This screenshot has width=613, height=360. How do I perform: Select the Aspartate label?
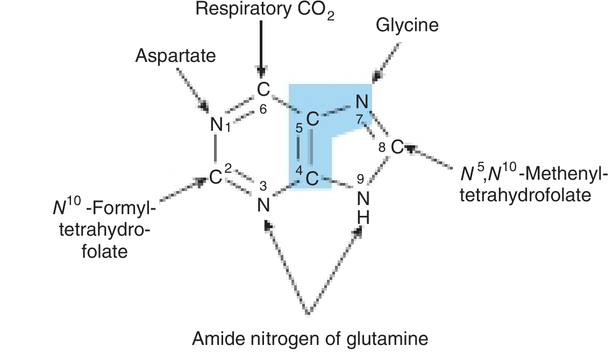pyautogui.click(x=175, y=55)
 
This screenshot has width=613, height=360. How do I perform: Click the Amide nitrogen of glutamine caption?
pyautogui.click(x=310, y=339)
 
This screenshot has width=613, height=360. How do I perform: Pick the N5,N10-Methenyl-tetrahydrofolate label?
pyautogui.click(x=526, y=185)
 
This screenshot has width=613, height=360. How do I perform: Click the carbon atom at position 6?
pyautogui.click(x=262, y=89)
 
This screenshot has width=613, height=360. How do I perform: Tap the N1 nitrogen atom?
pyautogui.click(x=216, y=125)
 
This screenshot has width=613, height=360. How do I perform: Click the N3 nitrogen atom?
pyautogui.click(x=262, y=205)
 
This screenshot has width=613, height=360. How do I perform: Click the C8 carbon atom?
pyautogui.click(x=396, y=147)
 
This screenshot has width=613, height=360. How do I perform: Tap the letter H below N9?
pyautogui.click(x=363, y=218)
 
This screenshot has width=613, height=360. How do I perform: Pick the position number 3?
pyautogui.click(x=263, y=186)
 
